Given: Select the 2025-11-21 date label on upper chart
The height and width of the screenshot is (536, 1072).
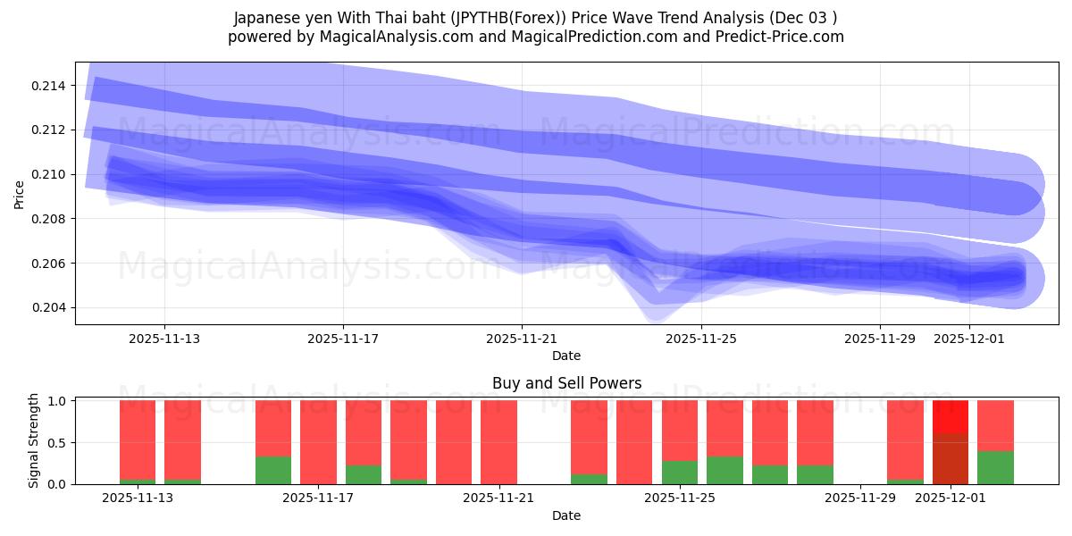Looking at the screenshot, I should pyautogui.click(x=522, y=339).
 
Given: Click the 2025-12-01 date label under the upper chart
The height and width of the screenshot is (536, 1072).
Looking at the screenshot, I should pyautogui.click(x=969, y=339).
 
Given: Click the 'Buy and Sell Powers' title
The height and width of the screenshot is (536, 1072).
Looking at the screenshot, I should pyautogui.click(x=566, y=383).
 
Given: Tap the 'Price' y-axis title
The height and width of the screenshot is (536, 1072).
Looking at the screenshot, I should pyautogui.click(x=20, y=194).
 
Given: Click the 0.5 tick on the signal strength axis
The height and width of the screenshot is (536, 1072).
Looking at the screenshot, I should pyautogui.click(x=56, y=443).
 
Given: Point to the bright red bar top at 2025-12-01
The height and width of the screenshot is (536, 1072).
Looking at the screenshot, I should pyautogui.click(x=950, y=416).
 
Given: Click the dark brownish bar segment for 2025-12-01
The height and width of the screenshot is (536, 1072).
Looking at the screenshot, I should pyautogui.click(x=950, y=459).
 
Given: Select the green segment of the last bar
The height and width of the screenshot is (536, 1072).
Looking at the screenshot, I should pyautogui.click(x=995, y=467).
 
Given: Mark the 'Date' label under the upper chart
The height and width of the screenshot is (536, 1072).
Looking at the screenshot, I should pyautogui.click(x=566, y=356).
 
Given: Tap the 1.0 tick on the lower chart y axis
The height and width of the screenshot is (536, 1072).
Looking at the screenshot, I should pyautogui.click(x=56, y=401).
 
